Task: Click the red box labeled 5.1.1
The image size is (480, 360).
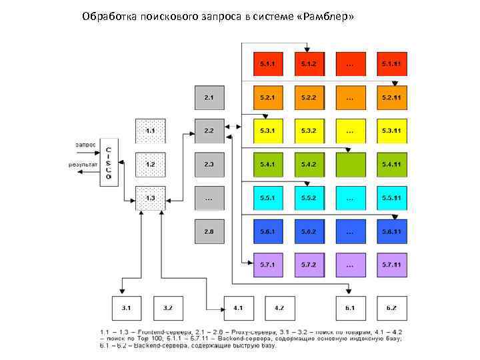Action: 267,64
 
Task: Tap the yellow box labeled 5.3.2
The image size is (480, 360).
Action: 308,131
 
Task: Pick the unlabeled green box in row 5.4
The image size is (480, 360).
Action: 350,164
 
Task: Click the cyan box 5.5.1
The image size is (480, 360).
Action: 267,198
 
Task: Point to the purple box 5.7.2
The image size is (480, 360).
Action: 308,265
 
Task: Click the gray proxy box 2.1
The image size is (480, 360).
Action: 209,98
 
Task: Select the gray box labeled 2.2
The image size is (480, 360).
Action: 209,131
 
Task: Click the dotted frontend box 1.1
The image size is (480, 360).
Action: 150,131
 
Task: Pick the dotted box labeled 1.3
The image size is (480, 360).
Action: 150,198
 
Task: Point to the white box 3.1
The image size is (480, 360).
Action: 127,309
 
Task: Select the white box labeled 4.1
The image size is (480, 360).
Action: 238,309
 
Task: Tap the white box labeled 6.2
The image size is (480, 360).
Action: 391,309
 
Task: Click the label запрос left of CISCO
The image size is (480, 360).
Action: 85,144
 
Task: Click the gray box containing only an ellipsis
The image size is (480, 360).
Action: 209,198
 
